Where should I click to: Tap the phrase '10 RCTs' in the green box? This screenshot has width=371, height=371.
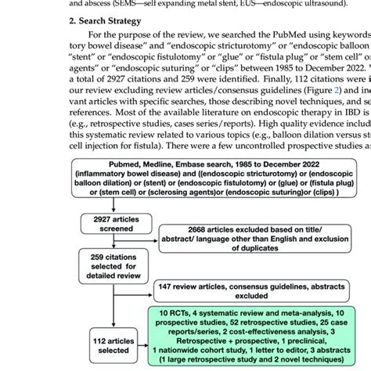pos(167,314)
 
